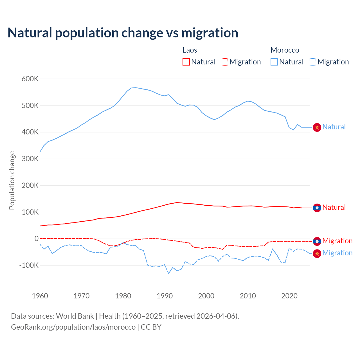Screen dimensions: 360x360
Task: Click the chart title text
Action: [123, 33]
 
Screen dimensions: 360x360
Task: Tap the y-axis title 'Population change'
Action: [12, 180]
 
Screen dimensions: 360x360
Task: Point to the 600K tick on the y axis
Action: [30, 79]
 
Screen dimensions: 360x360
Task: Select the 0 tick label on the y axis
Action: [37, 238]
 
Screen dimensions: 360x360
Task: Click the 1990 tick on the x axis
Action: [165, 296]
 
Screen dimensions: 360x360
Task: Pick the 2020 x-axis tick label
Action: [289, 296]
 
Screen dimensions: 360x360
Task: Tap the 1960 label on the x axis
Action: [40, 296]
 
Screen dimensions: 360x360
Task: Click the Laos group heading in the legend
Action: [190, 50]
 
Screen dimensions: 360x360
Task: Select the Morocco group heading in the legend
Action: [285, 50]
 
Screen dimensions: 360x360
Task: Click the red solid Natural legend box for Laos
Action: [186, 62]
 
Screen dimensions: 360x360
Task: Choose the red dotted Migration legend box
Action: [224, 62]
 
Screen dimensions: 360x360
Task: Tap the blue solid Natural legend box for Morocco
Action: [274, 62]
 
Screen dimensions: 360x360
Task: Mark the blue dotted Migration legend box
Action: [312, 62]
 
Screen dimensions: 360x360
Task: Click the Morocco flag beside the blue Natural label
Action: [317, 127]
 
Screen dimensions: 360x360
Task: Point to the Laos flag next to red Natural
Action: [317, 208]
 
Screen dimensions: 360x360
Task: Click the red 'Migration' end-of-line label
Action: [337, 241]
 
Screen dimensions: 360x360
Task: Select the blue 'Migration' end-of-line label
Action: [337, 253]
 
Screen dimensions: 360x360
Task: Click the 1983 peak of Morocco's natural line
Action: [135, 87]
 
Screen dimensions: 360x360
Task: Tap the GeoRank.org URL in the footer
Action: [73, 327]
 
